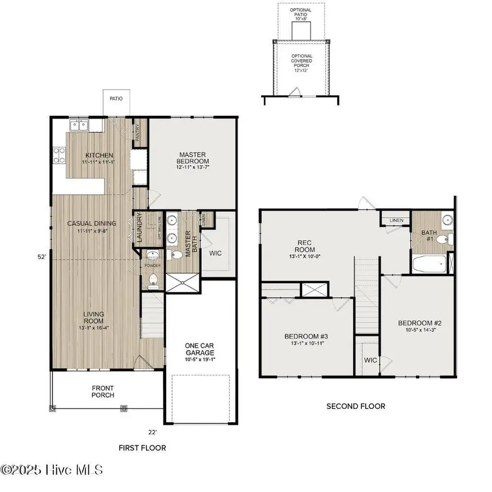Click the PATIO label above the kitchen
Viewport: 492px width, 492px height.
click(116, 99)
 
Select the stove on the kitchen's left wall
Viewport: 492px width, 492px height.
click(58, 156)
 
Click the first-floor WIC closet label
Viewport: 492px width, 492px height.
click(215, 254)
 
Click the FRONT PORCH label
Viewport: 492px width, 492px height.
click(103, 391)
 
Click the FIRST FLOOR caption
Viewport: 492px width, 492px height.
click(142, 448)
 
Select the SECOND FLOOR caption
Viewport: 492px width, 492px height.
click(355, 406)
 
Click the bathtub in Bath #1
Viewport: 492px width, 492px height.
click(428, 266)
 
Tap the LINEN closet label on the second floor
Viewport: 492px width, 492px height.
click(396, 220)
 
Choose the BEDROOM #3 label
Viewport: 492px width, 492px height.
click(306, 339)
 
